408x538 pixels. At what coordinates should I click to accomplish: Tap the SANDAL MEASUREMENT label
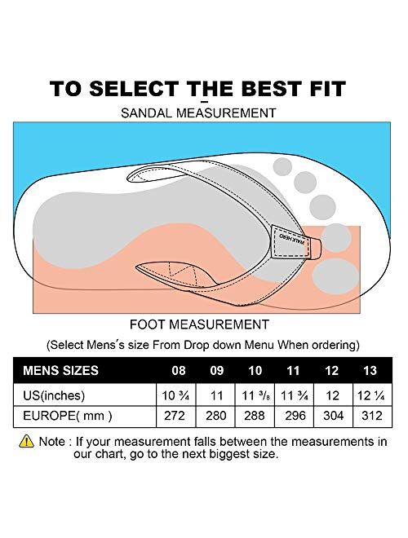pos(203,113)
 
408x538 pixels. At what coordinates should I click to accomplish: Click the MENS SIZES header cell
pos(61,371)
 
